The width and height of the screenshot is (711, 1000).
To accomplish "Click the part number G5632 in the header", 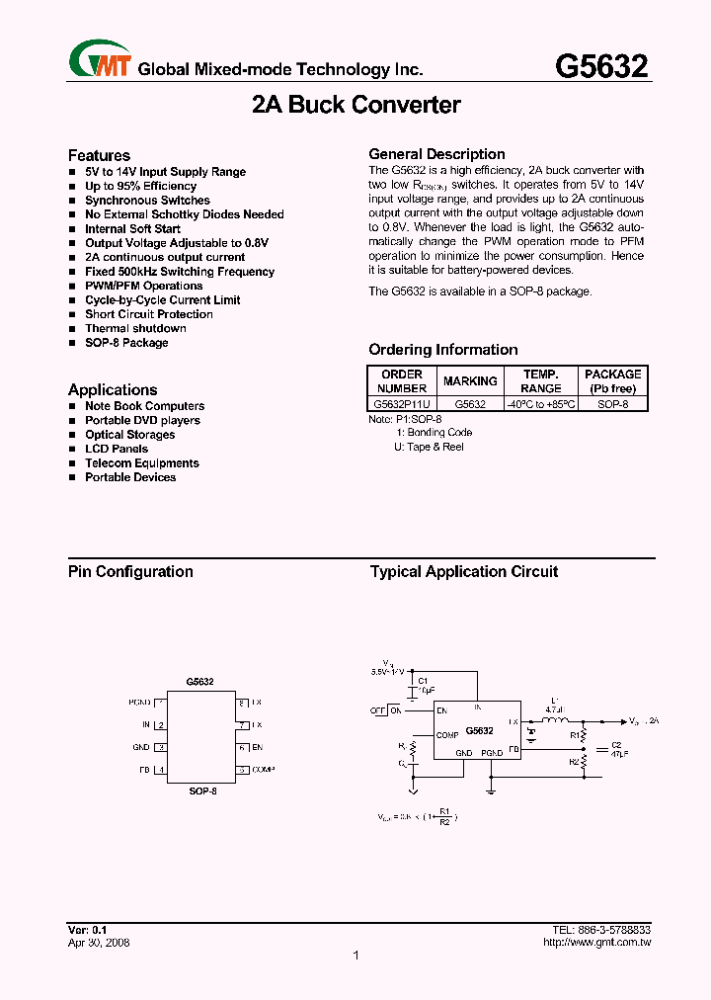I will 601,66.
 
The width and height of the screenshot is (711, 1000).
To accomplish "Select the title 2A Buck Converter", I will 355,105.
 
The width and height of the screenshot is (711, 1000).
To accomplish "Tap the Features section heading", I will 99,155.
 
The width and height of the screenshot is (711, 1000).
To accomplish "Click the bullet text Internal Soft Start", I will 132,228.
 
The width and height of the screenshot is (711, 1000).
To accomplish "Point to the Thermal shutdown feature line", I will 135,328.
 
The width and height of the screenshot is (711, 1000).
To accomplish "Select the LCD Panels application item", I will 117,449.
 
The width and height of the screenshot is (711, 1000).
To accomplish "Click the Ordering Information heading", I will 442,350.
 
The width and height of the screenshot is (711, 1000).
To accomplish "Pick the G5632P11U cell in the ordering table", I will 401,404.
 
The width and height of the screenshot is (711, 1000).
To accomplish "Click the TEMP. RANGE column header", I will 540,381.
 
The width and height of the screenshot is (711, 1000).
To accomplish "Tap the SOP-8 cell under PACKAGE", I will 612,404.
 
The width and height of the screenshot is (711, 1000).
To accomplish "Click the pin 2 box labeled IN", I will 160,725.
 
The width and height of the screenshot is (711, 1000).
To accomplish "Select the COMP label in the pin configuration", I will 263,769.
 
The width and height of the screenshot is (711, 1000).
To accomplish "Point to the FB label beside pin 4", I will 144,770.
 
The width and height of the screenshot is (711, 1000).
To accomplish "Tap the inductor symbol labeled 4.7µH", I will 555,721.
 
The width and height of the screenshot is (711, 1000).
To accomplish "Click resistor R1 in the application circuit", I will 584,736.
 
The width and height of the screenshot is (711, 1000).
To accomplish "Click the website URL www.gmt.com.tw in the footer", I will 596,943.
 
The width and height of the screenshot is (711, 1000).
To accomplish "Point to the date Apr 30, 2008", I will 99,943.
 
